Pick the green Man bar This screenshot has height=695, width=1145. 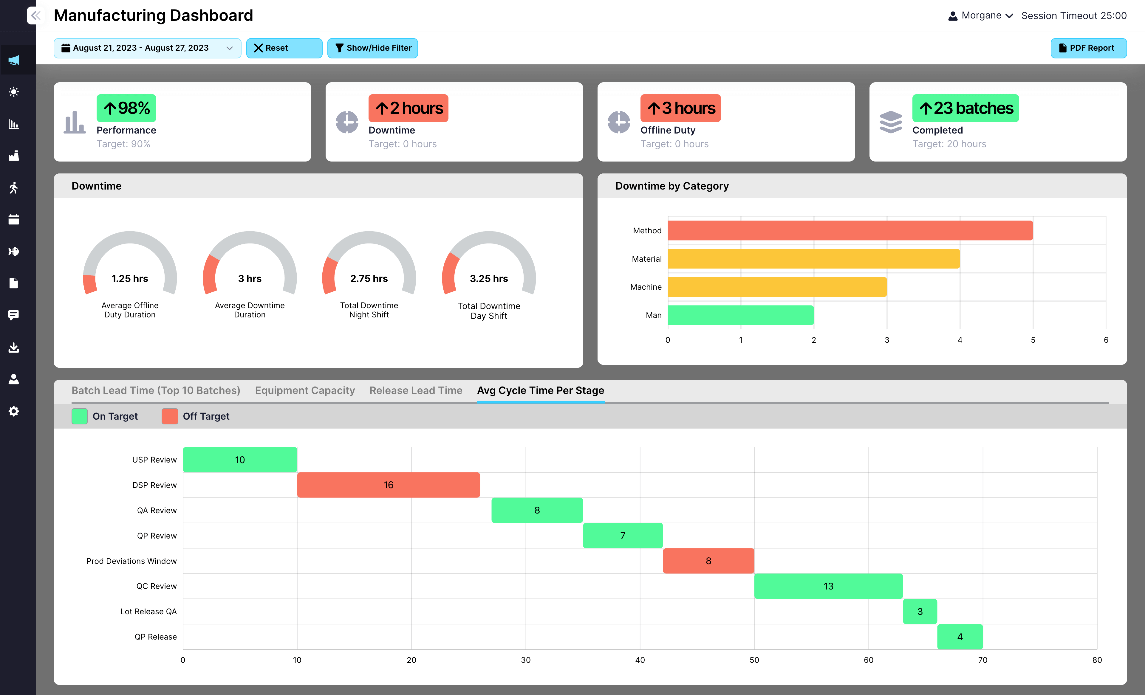click(x=740, y=315)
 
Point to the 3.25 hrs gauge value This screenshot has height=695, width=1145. click(x=488, y=279)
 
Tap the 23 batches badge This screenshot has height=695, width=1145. click(x=965, y=108)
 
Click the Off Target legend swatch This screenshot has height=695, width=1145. click(x=170, y=416)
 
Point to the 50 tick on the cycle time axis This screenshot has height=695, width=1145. click(x=754, y=660)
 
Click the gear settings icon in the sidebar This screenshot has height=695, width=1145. click(x=14, y=411)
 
